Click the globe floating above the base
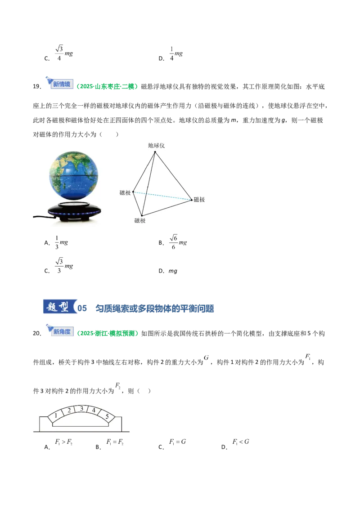click(x=73, y=175)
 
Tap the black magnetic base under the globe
click(x=74, y=211)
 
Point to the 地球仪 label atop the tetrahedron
click(x=156, y=145)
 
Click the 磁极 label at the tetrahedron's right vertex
click(x=199, y=199)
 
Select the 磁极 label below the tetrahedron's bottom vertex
click(x=140, y=221)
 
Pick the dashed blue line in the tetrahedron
click(x=162, y=196)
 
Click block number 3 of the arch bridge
click(x=81, y=409)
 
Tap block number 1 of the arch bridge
click(x=57, y=416)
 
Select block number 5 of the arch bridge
click(x=107, y=416)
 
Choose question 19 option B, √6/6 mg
click(x=173, y=242)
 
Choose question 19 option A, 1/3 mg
click(x=56, y=242)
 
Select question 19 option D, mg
click(x=168, y=271)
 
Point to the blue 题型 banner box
click(x=59, y=307)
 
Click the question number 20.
click(x=37, y=333)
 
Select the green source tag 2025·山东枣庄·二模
click(x=107, y=86)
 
